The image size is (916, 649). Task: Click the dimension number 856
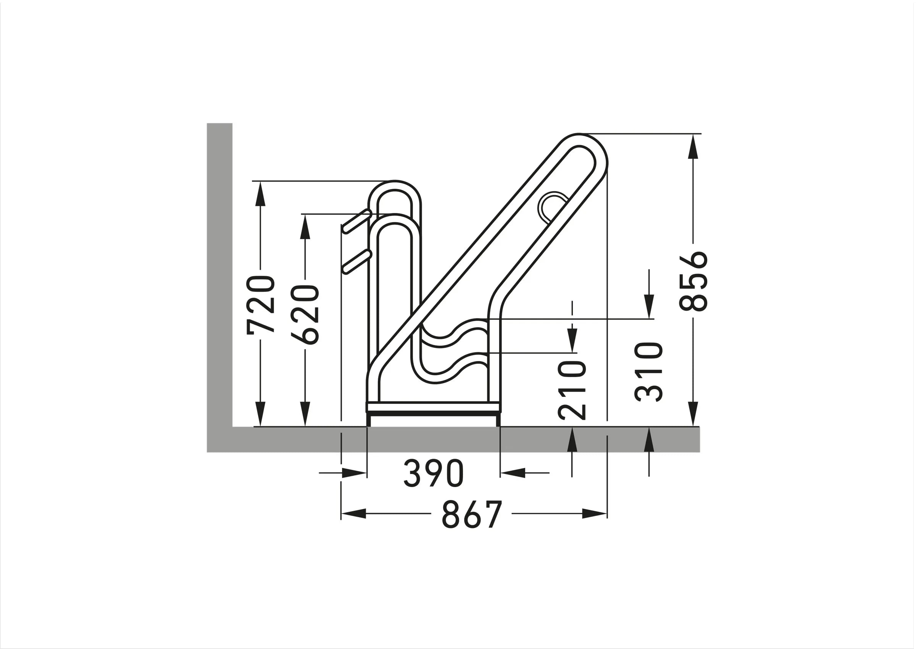pos(693,281)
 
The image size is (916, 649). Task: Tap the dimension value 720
pos(261,305)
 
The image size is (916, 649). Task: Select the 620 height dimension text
pos(305,314)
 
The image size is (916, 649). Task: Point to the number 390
pos(434,473)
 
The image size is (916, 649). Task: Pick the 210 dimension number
pos(572,390)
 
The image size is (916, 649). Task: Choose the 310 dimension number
pos(649,372)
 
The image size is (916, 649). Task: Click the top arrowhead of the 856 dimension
pos(693,146)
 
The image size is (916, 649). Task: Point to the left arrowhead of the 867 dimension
pos(353,514)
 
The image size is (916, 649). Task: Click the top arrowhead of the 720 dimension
pos(260,193)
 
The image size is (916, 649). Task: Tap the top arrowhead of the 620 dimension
pos(305,227)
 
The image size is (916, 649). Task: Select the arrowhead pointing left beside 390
pos(513,473)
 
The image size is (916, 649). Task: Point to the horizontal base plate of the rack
pos(433,408)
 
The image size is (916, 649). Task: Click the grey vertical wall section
pos(219,272)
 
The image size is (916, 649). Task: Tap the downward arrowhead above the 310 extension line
pos(649,306)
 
